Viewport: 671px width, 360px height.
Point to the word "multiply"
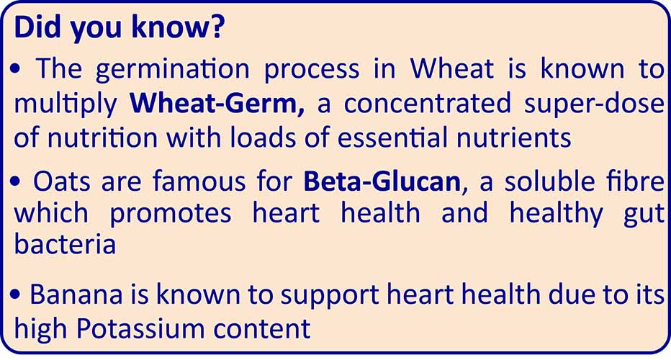tap(66, 105)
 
